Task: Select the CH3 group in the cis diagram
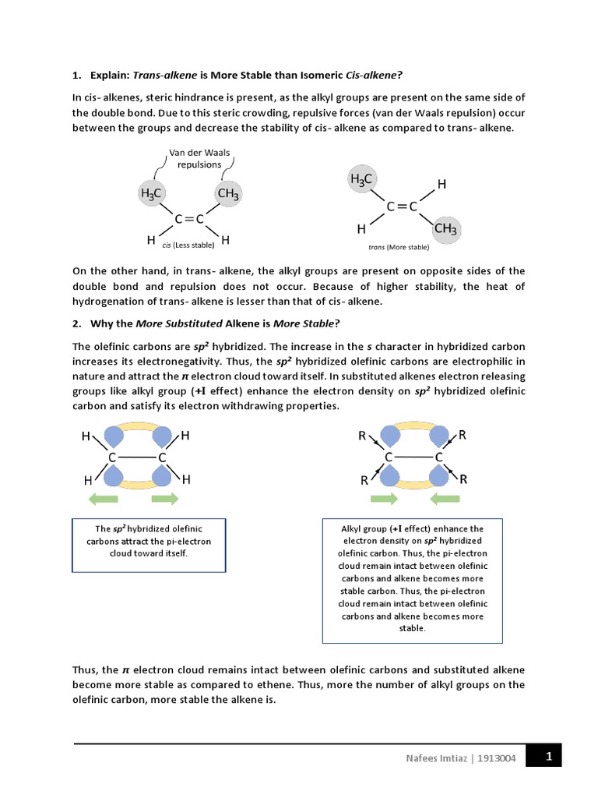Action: click(x=227, y=193)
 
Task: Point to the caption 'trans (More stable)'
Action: click(x=399, y=247)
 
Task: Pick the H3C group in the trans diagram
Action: click(x=362, y=180)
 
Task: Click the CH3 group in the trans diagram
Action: click(x=446, y=228)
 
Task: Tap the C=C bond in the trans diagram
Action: click(x=403, y=207)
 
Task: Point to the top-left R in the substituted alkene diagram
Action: click(x=362, y=437)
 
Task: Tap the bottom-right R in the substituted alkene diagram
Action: click(x=464, y=479)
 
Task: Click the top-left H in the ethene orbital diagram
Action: click(x=86, y=437)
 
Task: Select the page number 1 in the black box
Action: click(x=548, y=755)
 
